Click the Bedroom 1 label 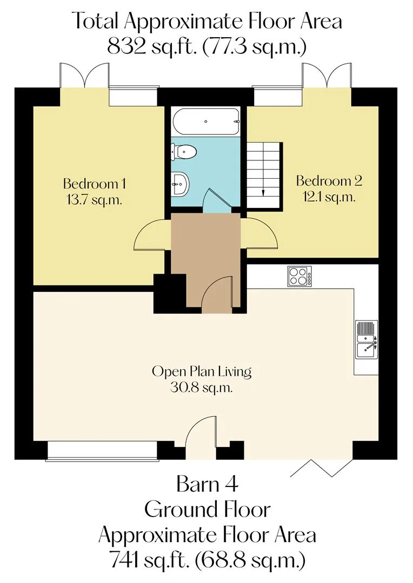click(94, 184)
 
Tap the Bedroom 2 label click(329, 181)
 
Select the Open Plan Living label click(202, 372)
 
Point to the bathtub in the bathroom click(206, 121)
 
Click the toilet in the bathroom click(184, 151)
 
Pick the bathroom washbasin click(181, 183)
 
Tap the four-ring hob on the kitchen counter click(300, 276)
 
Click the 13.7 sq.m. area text click(94, 200)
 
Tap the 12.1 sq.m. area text click(329, 197)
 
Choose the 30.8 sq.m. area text click(202, 388)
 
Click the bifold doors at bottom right click(321, 467)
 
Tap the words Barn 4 click(207, 484)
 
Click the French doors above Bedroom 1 click(84, 76)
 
